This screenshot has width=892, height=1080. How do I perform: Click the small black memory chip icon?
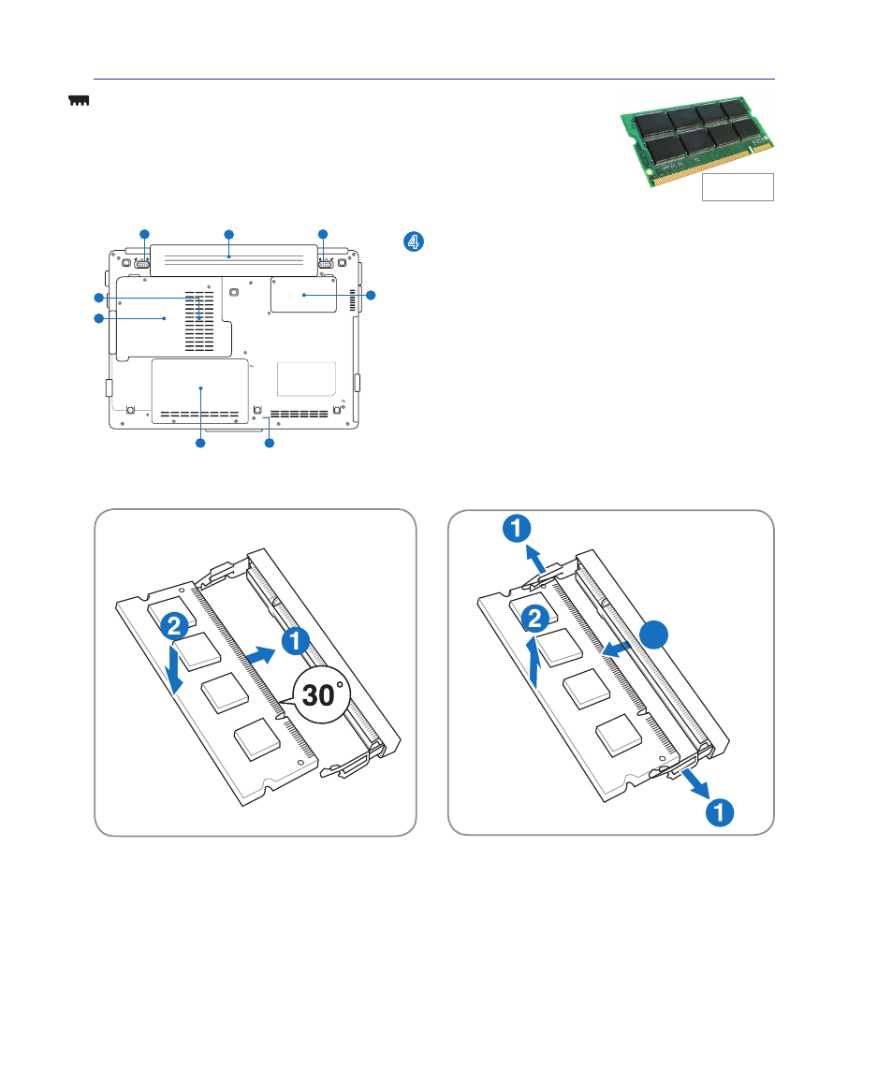(80, 101)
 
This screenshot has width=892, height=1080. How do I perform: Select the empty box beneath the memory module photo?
(738, 187)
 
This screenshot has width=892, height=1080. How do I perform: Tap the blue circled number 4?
(414, 241)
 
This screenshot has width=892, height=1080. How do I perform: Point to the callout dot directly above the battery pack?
(229, 234)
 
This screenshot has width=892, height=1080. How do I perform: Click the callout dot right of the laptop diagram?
(372, 296)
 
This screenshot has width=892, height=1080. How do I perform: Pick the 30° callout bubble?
(321, 695)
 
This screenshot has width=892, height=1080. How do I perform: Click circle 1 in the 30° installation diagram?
(296, 641)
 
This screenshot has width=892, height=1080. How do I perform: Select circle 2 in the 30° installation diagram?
(174, 626)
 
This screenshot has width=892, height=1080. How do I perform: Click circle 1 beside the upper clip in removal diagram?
(517, 528)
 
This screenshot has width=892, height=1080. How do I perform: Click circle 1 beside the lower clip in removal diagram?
(720, 812)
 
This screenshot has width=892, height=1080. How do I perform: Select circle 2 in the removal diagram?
(535, 619)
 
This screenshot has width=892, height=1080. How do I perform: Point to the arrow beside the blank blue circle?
(616, 649)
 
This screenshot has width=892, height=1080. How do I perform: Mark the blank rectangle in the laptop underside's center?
(306, 379)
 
